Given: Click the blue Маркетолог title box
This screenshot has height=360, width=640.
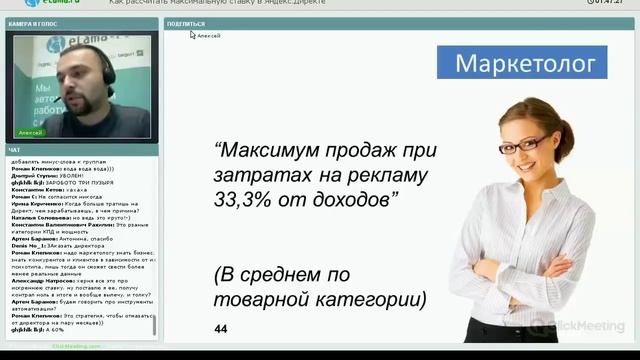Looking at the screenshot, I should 524,65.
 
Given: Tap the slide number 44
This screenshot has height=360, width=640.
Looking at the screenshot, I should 222,329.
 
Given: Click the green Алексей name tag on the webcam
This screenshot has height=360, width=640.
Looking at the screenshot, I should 31,131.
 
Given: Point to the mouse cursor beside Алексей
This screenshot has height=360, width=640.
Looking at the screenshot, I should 193,35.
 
